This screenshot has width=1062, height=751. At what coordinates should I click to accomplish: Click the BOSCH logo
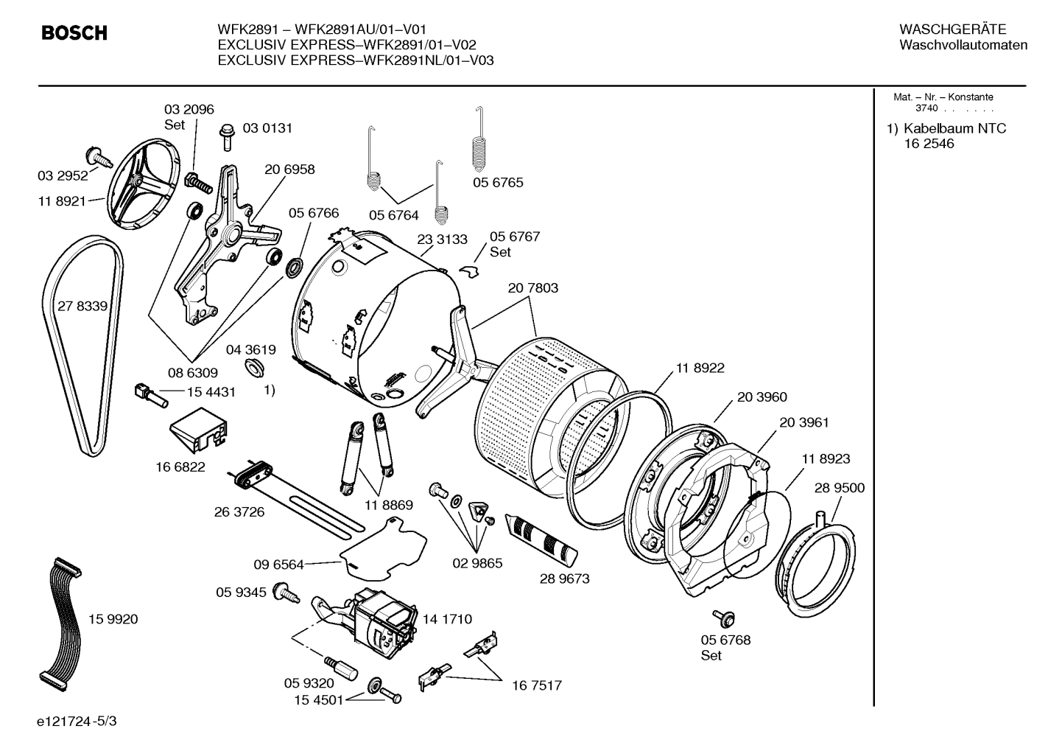point(74,33)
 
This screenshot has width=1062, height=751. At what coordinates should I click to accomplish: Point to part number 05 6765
point(498,182)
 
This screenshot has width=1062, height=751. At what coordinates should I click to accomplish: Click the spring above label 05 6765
point(481,144)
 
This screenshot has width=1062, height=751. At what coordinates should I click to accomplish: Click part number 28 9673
point(564,579)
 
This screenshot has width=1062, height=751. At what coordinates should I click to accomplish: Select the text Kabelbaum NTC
point(954,128)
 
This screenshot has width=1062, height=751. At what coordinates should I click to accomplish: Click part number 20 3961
point(803,422)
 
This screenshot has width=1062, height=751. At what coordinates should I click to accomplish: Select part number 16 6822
point(180,467)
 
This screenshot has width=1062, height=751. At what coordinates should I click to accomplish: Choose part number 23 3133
point(442,239)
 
